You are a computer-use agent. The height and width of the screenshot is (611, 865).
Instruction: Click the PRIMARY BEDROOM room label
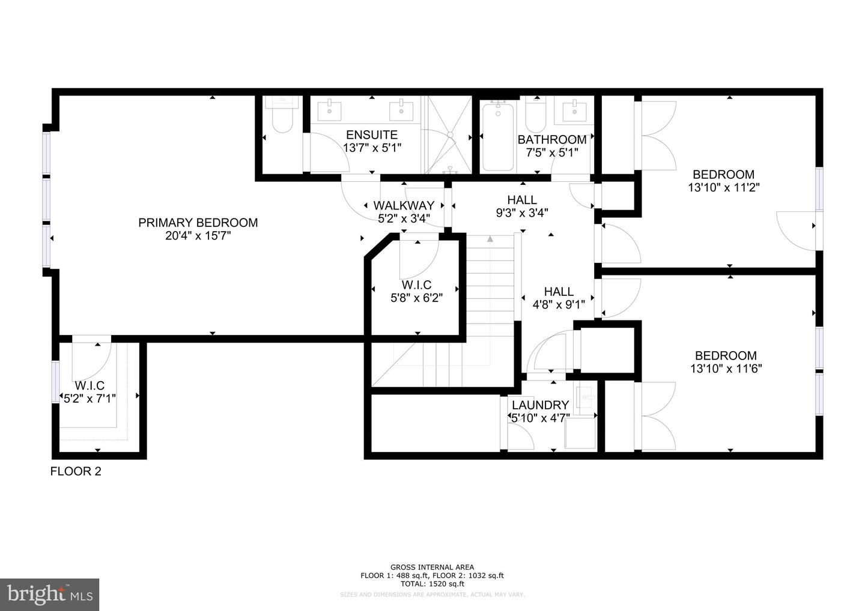198,223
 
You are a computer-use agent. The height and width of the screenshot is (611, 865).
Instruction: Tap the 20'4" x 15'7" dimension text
198,236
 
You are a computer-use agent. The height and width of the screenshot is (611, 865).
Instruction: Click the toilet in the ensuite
282,118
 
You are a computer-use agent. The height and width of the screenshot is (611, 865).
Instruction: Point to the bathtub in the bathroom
497,136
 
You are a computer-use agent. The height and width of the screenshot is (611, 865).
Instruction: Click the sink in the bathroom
574,110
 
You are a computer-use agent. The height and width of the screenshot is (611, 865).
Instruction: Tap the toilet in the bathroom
534,114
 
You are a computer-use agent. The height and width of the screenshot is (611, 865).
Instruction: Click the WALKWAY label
404,206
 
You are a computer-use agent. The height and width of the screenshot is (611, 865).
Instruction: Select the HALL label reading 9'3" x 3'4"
521,212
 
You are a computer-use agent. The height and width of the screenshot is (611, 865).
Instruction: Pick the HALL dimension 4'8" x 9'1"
559,304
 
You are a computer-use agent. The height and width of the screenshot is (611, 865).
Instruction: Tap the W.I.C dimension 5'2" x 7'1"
90,397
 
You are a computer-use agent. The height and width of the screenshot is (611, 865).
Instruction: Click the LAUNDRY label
540,405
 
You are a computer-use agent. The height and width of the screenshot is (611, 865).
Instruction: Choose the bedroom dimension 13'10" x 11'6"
726,369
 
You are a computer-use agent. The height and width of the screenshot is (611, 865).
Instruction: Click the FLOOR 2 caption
76,472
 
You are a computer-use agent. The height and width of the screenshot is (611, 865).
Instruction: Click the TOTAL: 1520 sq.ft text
432,583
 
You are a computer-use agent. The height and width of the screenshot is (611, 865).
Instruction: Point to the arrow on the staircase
490,239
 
